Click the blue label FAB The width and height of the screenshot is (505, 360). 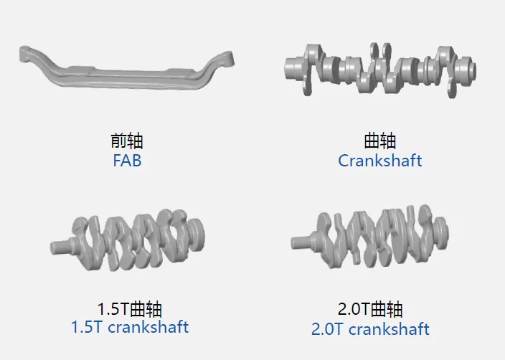tap(127, 160)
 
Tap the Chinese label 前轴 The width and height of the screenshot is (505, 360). tap(127, 141)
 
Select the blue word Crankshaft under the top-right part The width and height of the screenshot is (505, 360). tap(380, 160)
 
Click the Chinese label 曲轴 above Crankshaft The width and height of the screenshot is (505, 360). tap(380, 141)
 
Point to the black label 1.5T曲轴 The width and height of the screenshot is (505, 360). tap(130, 310)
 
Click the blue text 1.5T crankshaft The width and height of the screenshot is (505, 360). tap(130, 327)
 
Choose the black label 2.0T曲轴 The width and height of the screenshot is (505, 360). tap(370, 310)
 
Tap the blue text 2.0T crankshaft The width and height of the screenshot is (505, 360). tap(370, 329)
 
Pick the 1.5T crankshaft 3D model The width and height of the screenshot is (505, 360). tap(129, 237)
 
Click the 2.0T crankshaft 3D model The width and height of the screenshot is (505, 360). tap(369, 237)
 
